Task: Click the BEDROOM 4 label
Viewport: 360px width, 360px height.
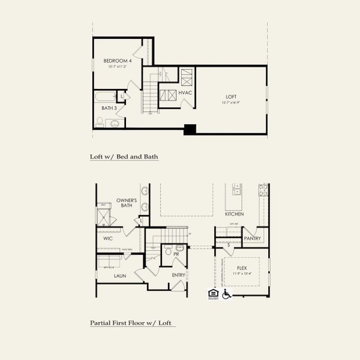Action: coord(116,61)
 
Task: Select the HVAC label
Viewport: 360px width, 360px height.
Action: coord(185,93)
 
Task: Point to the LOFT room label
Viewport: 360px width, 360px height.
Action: coord(231,97)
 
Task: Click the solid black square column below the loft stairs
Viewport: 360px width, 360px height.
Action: coord(190,129)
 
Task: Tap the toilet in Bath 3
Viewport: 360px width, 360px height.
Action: coord(100,122)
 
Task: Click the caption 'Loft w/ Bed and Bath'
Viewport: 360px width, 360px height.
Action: coord(124,157)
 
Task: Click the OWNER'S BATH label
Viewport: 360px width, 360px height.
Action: coord(127,203)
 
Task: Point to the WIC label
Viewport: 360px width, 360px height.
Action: coord(108,238)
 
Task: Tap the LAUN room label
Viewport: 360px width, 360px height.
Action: coord(120,276)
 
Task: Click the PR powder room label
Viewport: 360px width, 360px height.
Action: coord(177,254)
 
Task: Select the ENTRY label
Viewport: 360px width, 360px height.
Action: coord(178,275)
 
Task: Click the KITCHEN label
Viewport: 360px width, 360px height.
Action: coord(234,214)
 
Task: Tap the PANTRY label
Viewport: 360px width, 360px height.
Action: coord(253,238)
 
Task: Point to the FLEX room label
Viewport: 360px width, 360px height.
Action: coord(242,268)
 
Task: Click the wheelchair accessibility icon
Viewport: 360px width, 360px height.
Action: coord(227,294)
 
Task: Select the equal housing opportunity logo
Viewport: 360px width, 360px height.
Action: coord(212,293)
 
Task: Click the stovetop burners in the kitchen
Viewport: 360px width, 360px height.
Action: coord(263,190)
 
